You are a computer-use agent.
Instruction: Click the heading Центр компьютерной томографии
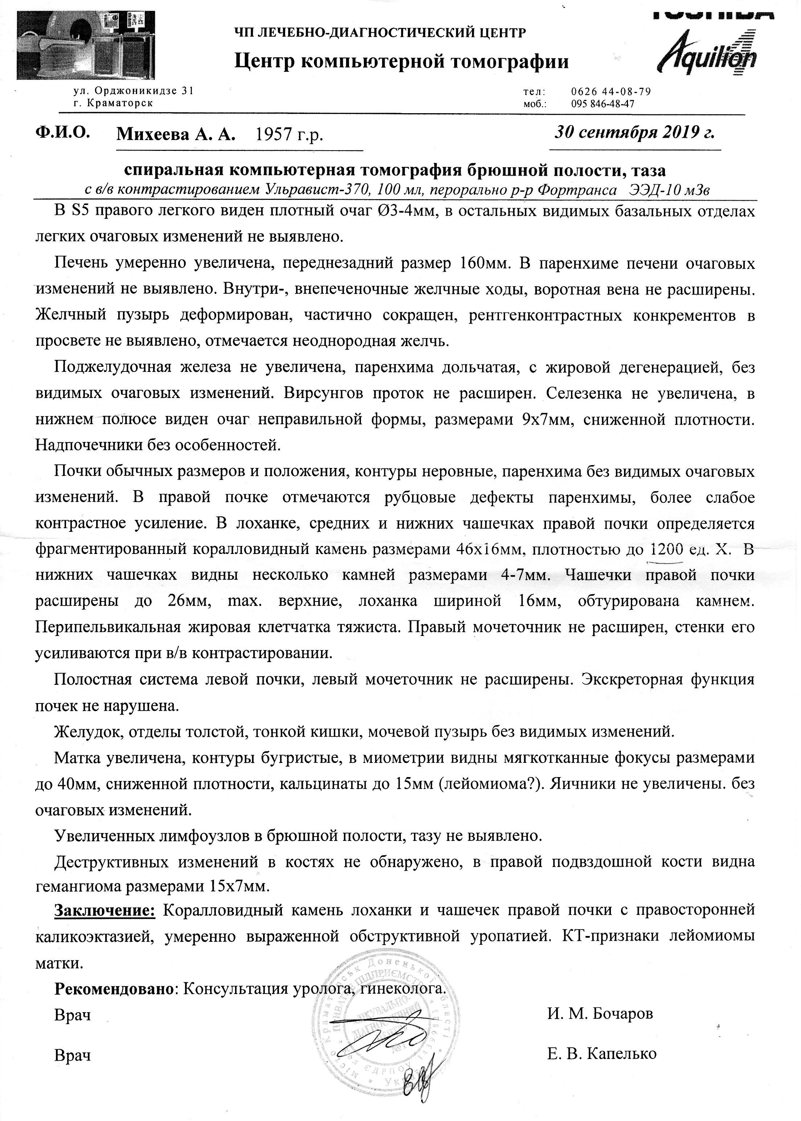(x=401, y=62)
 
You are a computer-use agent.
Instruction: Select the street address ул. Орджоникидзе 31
(x=133, y=91)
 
